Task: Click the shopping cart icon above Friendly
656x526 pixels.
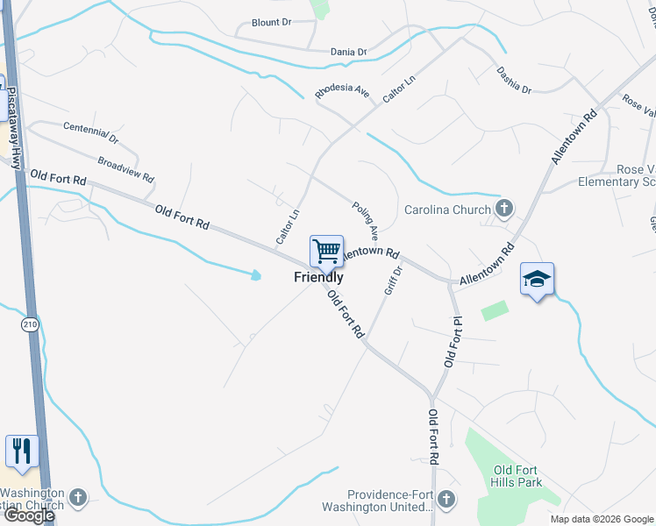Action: [326, 252]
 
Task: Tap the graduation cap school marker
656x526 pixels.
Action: [537, 280]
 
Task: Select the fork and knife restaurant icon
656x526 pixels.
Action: [22, 451]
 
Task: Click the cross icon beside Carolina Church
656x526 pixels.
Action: [503, 209]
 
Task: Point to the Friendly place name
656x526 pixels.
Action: [318, 277]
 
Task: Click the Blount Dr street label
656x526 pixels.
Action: [270, 22]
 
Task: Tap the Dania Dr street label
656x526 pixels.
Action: [348, 53]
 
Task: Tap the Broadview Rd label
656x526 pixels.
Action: [126, 169]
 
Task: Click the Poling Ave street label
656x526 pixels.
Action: [365, 221]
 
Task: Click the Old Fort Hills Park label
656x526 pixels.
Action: [518, 477]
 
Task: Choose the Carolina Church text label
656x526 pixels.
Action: [447, 210]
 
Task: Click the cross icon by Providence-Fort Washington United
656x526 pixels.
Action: [446, 499]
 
